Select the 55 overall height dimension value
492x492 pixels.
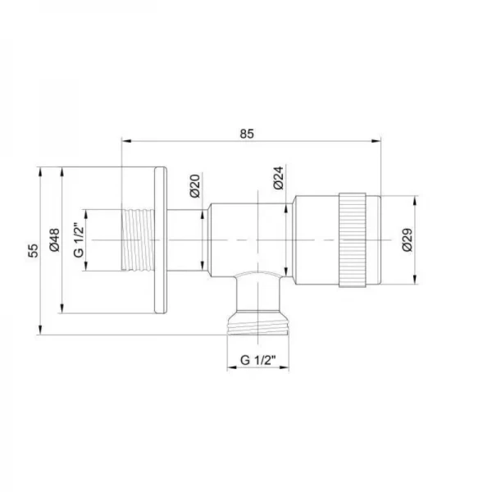(x=34, y=251)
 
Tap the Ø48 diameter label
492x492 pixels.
(x=55, y=239)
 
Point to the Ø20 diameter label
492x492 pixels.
(x=194, y=186)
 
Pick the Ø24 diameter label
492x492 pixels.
(x=278, y=179)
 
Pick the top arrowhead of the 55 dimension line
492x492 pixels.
(x=40, y=171)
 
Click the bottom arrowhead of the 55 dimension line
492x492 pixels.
(x=40, y=331)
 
